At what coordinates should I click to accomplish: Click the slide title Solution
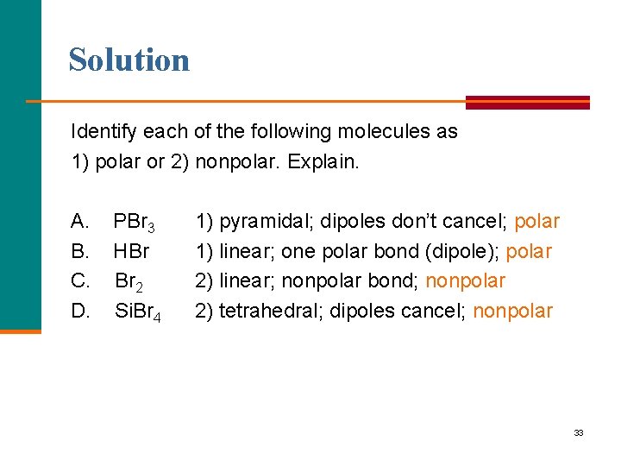pyautogui.click(x=129, y=60)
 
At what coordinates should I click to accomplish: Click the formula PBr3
pyautogui.click(x=135, y=224)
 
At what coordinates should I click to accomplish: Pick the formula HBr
pyautogui.click(x=131, y=252)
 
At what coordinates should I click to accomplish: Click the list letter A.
pyautogui.click(x=79, y=222)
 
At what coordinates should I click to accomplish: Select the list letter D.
pyautogui.click(x=79, y=311)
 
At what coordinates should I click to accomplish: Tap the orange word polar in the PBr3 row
pyautogui.click(x=536, y=223)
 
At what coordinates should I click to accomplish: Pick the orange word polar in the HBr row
pyautogui.click(x=529, y=252)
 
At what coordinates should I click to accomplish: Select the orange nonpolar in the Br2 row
pyautogui.click(x=466, y=281)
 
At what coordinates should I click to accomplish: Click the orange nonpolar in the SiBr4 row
pyautogui.click(x=513, y=311)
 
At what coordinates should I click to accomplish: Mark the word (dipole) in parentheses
pyautogui.click(x=467, y=252)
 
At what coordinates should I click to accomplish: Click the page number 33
pyautogui.click(x=578, y=432)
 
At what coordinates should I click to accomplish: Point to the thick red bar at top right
pyautogui.click(x=528, y=102)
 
